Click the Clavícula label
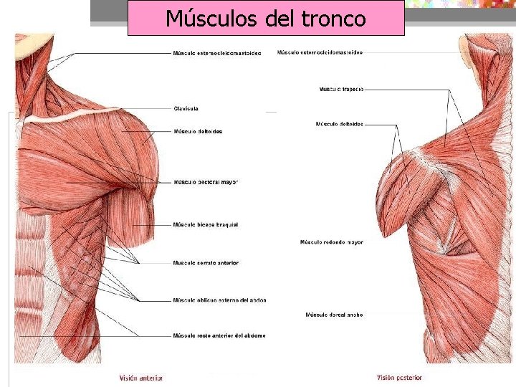coord(186,109)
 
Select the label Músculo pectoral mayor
coord(205,182)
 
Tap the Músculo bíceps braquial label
coord(206,225)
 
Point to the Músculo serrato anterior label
coord(206,263)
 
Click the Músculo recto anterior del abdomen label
coord(219,335)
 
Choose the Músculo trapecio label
coord(341,90)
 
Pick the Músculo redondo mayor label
coord(331,242)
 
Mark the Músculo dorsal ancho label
coord(334,315)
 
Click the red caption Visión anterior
coord(141,378)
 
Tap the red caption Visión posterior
coord(399,378)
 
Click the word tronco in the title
coord(333,19)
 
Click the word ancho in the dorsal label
coord(354,315)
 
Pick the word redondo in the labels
coord(332,242)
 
